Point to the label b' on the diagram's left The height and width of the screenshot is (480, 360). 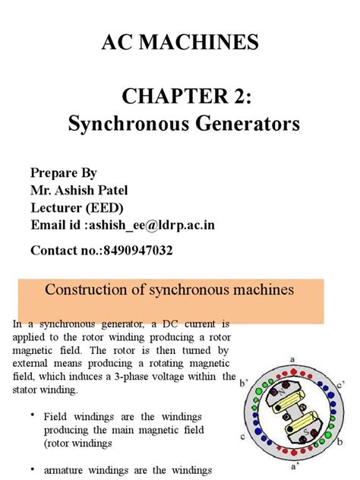[244, 384]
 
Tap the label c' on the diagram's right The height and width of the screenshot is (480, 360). [342, 384]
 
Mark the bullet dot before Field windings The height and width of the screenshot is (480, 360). [33, 415]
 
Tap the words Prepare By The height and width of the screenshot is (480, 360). [64, 172]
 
